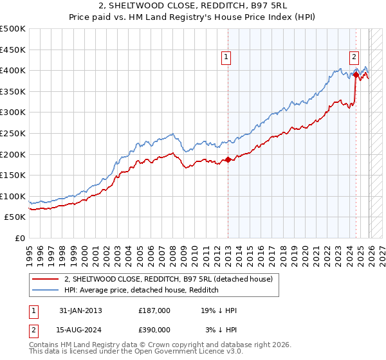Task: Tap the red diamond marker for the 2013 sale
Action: click(x=228, y=160)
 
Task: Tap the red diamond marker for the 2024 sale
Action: click(x=356, y=75)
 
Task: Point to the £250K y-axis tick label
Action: click(x=13, y=133)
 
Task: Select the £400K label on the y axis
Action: click(x=13, y=70)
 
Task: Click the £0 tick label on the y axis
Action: click(x=21, y=238)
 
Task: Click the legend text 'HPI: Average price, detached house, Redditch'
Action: click(x=142, y=290)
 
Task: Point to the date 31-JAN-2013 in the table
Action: click(x=80, y=310)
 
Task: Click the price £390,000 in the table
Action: click(x=154, y=330)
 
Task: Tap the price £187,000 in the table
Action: click(x=154, y=310)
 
